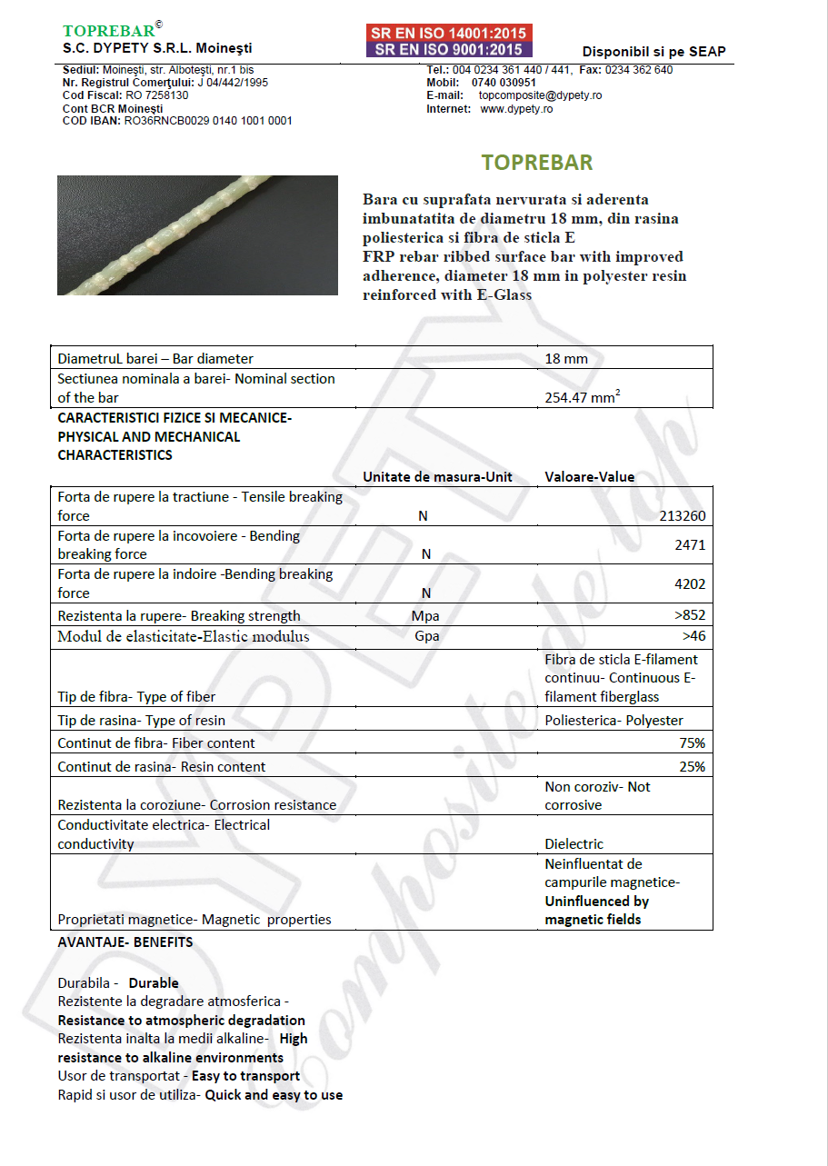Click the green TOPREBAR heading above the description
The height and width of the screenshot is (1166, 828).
tap(536, 163)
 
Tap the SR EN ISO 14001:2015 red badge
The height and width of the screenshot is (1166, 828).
tap(449, 33)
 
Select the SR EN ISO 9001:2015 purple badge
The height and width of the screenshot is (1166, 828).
tap(449, 50)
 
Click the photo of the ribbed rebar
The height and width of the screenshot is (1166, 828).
tap(197, 234)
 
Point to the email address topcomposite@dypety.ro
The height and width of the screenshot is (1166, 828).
tap(540, 95)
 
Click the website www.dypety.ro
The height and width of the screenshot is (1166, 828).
tap(516, 109)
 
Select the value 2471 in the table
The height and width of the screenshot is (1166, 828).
tap(690, 545)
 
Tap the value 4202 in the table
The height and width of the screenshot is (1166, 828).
tap(690, 583)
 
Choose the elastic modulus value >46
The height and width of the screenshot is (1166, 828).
tap(693, 636)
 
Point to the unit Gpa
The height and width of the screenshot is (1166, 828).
tap(426, 636)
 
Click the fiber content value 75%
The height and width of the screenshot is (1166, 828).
tap(692, 743)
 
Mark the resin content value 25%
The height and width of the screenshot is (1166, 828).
tap(692, 767)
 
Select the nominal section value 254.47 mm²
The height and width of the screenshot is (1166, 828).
tap(583, 396)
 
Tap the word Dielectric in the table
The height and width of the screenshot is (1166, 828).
tap(574, 844)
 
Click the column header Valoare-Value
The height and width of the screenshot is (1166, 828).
tap(589, 476)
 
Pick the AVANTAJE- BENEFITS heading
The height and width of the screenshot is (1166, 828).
tap(125, 942)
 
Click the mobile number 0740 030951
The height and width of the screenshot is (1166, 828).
tap(504, 83)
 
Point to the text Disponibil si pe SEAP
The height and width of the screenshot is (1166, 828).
tap(653, 52)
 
